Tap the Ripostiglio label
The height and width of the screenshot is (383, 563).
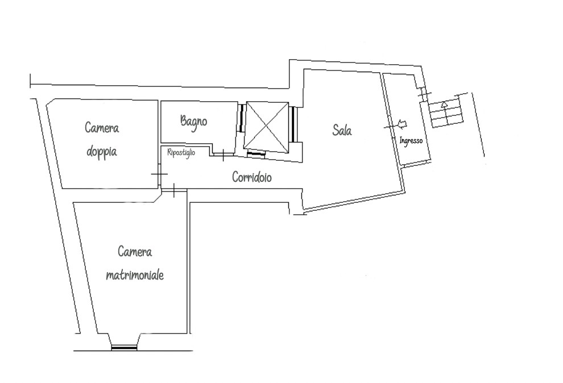[x=181, y=152]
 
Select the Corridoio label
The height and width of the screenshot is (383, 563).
[x=252, y=177]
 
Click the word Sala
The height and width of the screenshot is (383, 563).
[x=342, y=130]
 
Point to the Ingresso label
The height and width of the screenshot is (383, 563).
[x=411, y=140]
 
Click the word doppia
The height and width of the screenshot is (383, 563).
[x=102, y=152]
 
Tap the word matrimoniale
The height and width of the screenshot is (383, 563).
[x=135, y=275]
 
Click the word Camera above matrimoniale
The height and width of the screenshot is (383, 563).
[x=135, y=251]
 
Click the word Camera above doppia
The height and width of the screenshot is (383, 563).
[x=102, y=128]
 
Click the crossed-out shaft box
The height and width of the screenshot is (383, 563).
[x=266, y=126]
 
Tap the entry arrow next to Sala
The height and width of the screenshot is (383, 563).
[x=402, y=124]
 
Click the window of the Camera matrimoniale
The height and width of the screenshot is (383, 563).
[x=124, y=347]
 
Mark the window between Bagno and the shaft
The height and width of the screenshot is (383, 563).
[x=241, y=118]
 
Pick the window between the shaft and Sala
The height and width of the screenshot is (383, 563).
[x=293, y=124]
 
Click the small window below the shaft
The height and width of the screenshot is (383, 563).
[x=256, y=154]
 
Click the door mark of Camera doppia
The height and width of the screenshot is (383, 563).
[x=159, y=174]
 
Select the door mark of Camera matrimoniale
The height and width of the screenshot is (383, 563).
[x=174, y=190]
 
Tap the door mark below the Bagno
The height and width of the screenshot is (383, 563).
[x=223, y=155]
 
